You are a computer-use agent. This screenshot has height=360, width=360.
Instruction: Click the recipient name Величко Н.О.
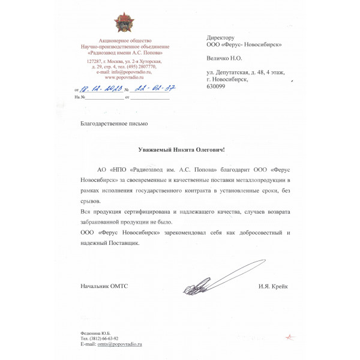click(x=224, y=59)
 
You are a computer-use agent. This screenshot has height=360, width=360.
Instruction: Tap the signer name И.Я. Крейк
click(x=274, y=286)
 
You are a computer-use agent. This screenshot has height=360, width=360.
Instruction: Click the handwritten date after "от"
click(x=99, y=89)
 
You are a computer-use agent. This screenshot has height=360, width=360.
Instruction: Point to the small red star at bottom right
click(x=290, y=337)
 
